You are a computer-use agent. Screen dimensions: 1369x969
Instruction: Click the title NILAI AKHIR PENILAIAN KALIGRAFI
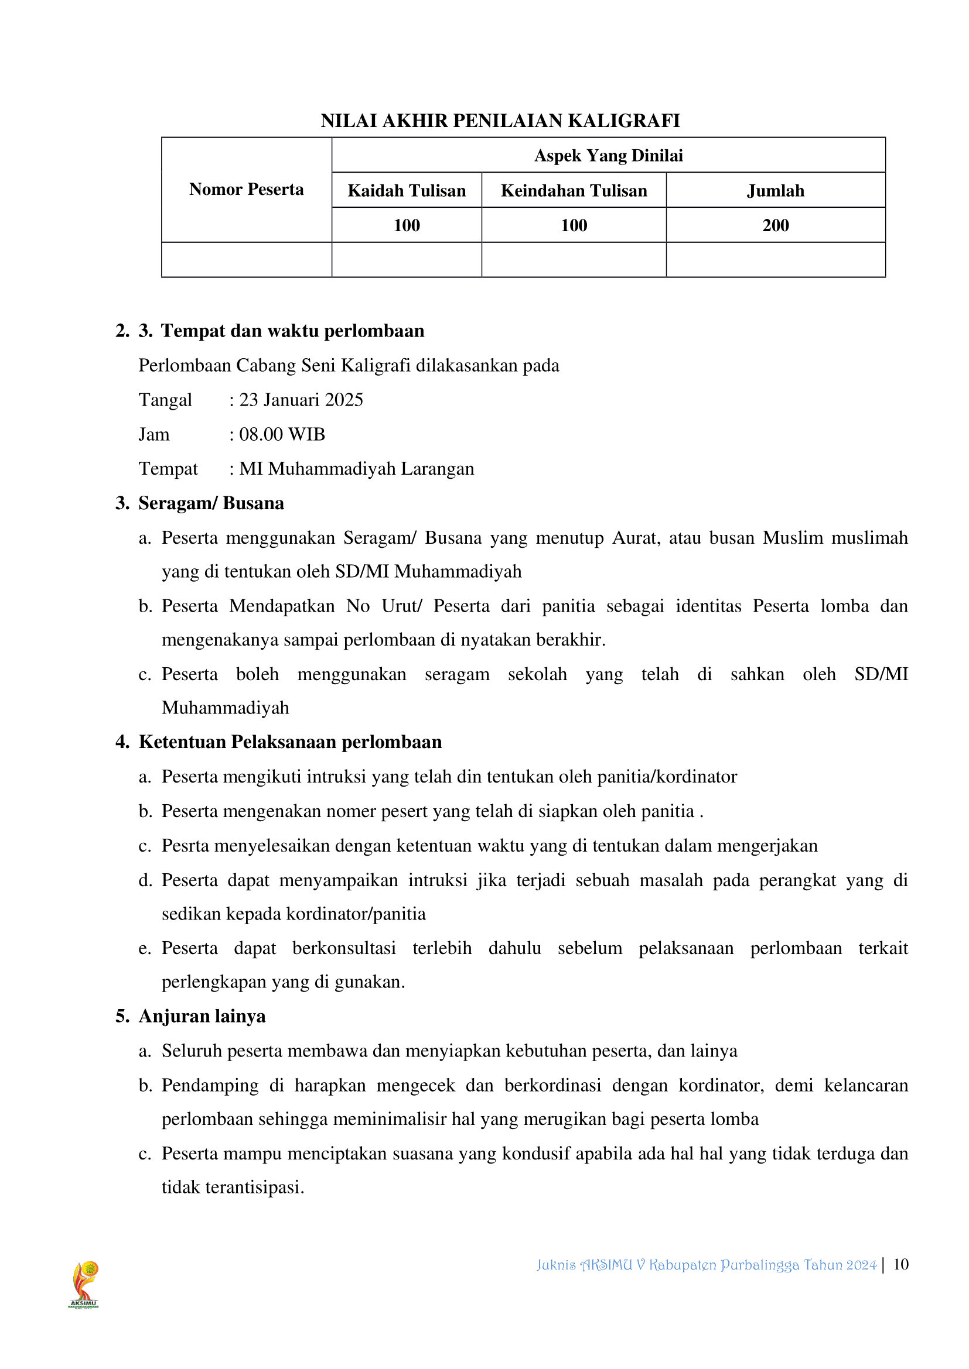point(500,121)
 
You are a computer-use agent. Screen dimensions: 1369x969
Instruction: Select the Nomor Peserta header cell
point(247,190)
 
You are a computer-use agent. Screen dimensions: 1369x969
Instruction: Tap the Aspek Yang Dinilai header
point(608,156)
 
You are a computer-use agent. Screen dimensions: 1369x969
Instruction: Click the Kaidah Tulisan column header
point(407,191)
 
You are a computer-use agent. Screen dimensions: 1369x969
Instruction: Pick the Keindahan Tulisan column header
point(574,191)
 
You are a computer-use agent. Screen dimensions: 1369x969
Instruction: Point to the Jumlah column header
point(775,191)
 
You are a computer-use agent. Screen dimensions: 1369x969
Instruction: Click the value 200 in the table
point(775,225)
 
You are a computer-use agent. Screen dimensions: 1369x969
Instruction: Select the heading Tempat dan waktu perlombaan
point(292,331)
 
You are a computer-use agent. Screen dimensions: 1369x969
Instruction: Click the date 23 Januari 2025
point(301,400)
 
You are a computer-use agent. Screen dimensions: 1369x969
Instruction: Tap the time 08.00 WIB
point(282,435)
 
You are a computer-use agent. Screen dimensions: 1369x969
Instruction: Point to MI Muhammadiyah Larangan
point(357,469)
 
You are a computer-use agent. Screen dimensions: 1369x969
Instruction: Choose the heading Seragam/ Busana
point(211,504)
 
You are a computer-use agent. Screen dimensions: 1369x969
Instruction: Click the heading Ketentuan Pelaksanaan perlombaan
point(290,742)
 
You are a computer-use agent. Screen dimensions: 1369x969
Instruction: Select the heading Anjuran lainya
point(202,1017)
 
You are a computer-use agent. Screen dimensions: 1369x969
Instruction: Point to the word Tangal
point(165,400)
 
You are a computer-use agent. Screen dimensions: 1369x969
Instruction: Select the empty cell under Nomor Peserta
point(247,260)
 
